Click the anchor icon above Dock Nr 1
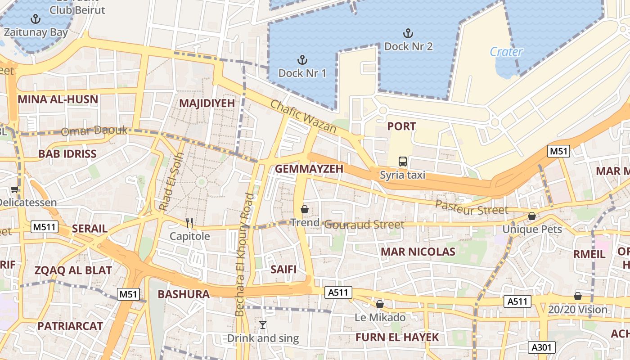[302, 60]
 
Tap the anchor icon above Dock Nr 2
[408, 33]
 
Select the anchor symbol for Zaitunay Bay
[35, 19]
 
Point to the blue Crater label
[506, 52]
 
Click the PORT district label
[401, 126]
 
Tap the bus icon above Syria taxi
[403, 162]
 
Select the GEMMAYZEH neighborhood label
[309, 169]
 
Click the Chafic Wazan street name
[303, 116]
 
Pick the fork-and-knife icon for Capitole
[189, 223]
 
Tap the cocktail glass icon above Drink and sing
[263, 324]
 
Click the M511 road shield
[45, 227]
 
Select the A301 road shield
[542, 347]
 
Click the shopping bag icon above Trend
[305, 209]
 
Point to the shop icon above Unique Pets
[532, 216]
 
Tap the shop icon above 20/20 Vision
[578, 296]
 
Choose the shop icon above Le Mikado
[380, 304]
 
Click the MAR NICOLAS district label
[418, 252]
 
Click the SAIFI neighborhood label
[283, 269]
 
